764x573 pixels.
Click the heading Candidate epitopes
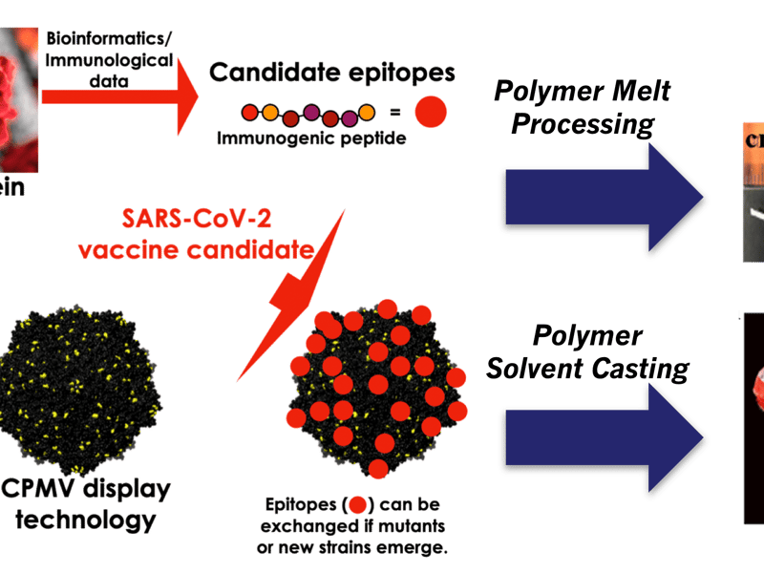click(x=332, y=73)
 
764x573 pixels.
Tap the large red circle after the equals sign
click(x=432, y=114)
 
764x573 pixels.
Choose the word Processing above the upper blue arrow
click(x=593, y=124)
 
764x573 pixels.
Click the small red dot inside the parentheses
click(x=358, y=504)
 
